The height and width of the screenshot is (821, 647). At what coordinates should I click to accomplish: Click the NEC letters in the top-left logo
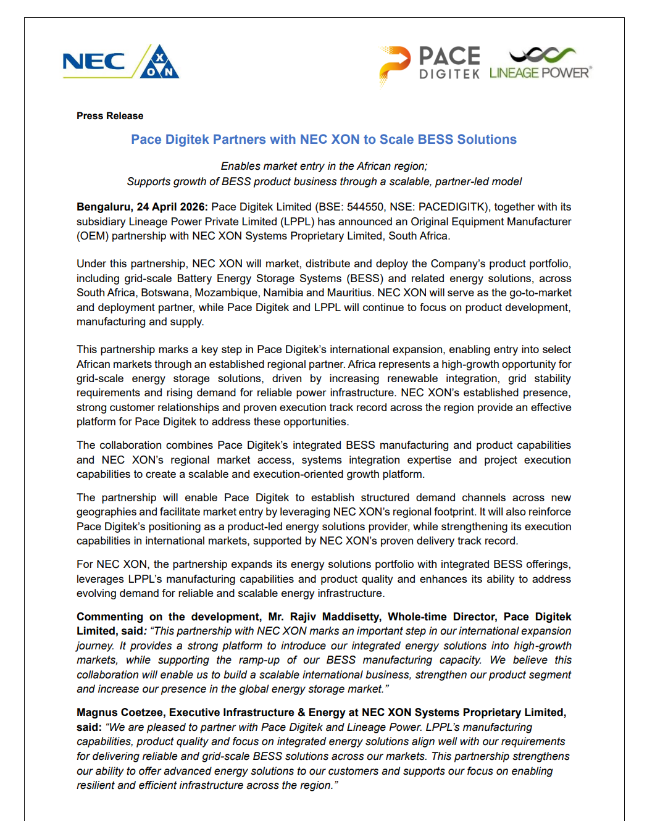[x=93, y=62]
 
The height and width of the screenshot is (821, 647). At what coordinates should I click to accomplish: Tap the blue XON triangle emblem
[x=160, y=63]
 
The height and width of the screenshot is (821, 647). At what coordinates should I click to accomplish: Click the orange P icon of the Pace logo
[x=394, y=64]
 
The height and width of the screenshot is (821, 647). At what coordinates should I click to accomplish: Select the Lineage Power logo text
[x=540, y=73]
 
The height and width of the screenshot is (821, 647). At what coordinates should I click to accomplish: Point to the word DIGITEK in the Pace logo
[x=449, y=74]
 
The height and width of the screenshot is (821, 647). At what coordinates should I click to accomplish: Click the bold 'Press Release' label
[x=110, y=116]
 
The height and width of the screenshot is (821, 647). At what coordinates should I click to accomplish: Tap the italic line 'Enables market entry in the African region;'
[x=324, y=166]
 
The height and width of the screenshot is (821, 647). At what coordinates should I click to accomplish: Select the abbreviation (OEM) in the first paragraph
[x=92, y=236]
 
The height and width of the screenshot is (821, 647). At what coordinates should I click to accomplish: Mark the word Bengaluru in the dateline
[x=103, y=207]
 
